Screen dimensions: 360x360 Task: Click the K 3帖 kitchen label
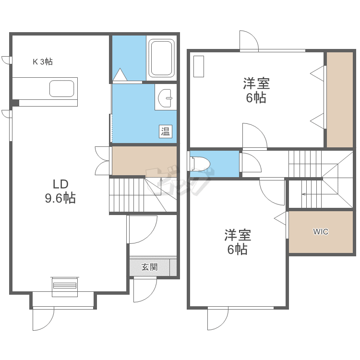(42, 61)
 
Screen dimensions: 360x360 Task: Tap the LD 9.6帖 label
(60, 191)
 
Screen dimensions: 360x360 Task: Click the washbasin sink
(166, 99)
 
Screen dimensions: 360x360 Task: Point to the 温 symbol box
(166, 131)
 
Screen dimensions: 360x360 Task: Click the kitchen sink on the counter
(61, 89)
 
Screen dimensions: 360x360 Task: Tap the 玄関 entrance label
(149, 267)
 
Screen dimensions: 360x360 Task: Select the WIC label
(321, 232)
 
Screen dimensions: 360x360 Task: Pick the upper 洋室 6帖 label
(256, 91)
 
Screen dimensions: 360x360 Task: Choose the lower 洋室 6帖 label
(237, 242)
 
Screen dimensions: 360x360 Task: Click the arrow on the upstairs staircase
(304, 194)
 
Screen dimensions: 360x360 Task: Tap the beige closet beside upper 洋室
(339, 98)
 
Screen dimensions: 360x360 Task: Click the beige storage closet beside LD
(144, 161)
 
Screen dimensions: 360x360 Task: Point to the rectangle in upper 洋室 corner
(199, 66)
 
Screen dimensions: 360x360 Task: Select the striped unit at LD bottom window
(64, 285)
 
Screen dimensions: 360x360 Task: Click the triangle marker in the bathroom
(119, 74)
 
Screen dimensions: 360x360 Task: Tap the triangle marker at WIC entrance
(280, 217)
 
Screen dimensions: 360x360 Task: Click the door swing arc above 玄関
(144, 230)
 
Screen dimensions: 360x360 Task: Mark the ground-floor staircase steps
(127, 194)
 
